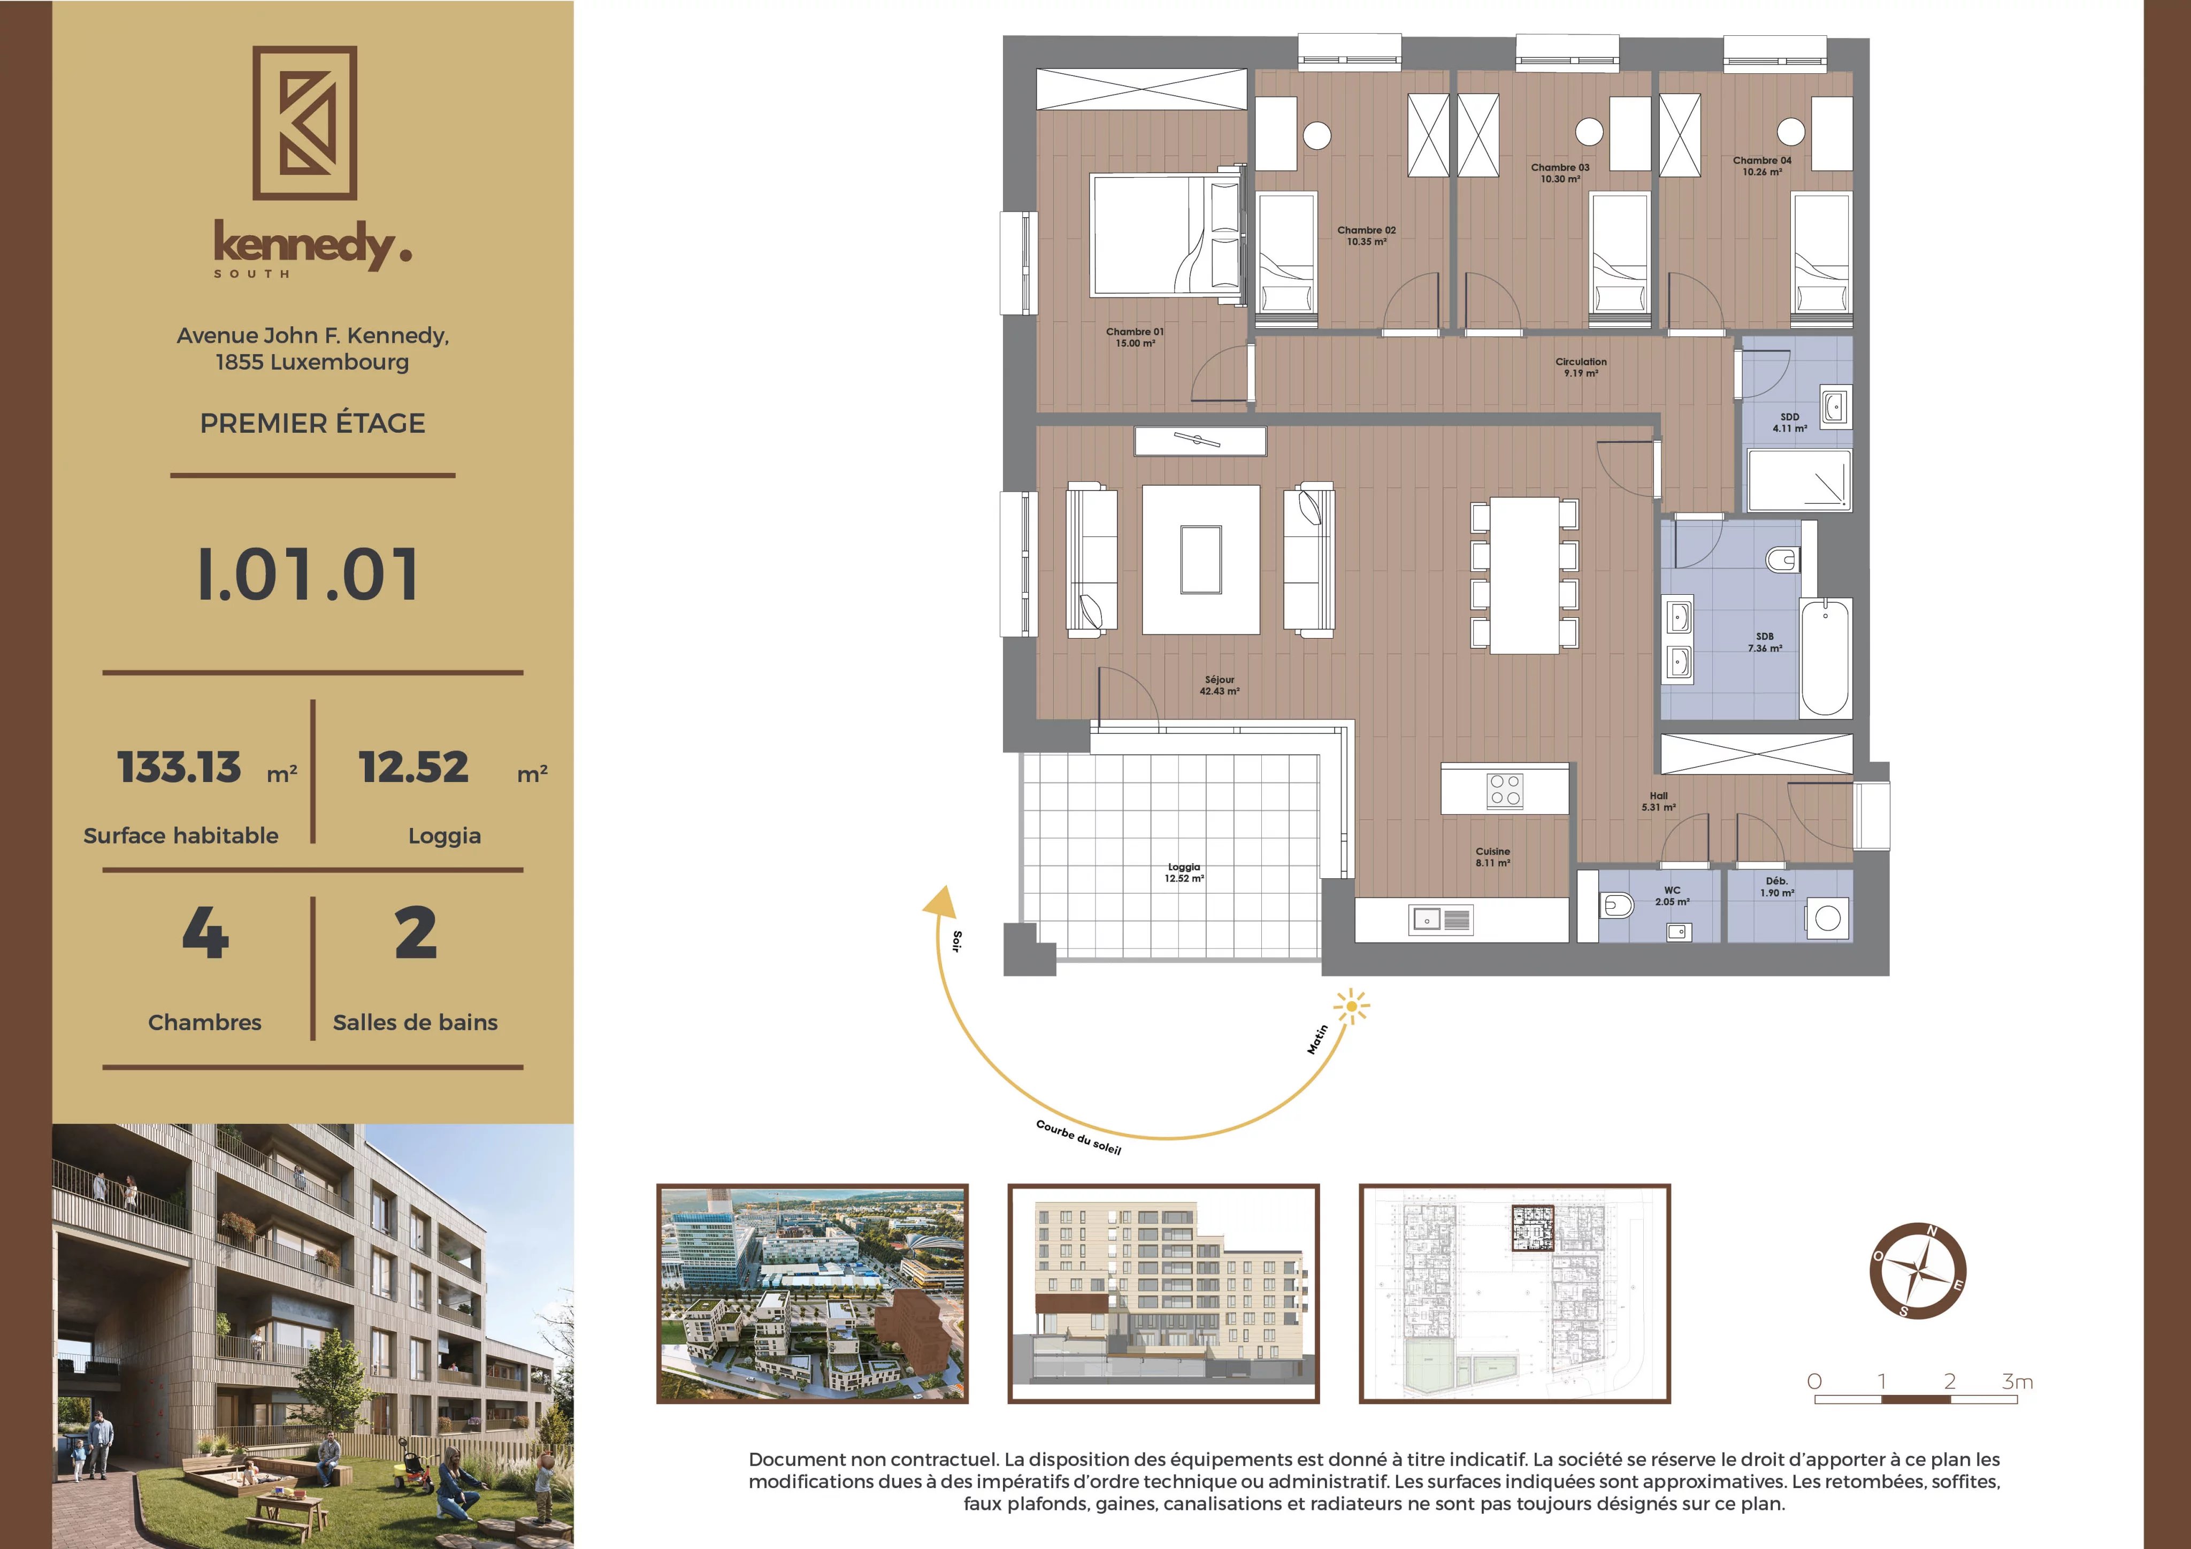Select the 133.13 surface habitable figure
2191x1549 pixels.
click(179, 768)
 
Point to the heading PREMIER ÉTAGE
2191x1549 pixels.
click(312, 423)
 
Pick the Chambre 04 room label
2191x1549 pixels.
click(1761, 166)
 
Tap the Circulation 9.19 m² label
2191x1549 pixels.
click(1580, 367)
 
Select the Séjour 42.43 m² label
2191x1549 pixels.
click(1220, 685)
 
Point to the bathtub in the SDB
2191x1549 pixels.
click(1825, 657)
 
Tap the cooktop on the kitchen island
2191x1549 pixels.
click(1505, 790)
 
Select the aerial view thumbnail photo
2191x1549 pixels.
click(812, 1293)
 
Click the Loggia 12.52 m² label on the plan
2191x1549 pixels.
click(1183, 872)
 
